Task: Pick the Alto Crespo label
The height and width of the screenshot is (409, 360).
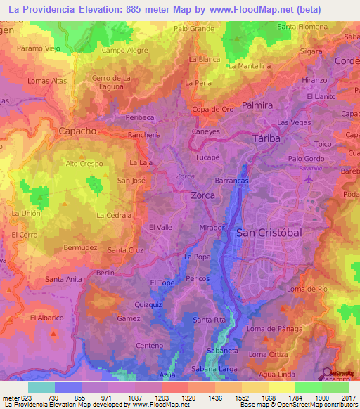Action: tap(84, 164)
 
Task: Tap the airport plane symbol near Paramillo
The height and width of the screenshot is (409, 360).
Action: tap(309, 178)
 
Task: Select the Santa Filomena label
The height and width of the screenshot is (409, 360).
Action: tap(302, 27)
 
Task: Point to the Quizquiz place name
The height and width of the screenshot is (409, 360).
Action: tap(148, 305)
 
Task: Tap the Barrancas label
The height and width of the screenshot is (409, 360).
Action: tap(232, 181)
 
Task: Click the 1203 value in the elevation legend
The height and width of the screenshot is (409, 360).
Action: tap(148, 397)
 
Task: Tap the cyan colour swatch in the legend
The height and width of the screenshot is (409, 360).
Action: tap(41, 387)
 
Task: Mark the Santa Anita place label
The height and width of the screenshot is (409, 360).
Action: tap(63, 279)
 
